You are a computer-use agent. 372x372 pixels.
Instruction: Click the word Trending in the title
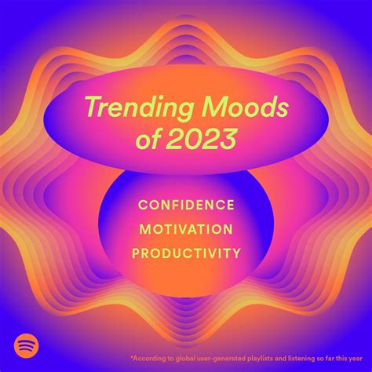(140, 108)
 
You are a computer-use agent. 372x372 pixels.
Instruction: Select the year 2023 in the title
(199, 138)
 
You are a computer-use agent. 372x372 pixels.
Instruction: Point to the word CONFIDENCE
(186, 205)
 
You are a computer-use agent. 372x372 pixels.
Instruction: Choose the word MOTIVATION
(186, 229)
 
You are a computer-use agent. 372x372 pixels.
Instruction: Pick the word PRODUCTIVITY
(186, 253)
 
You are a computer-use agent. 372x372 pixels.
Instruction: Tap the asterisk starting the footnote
(132, 356)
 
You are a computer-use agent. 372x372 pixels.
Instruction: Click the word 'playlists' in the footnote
(257, 359)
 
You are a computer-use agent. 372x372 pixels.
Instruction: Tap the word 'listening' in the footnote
(299, 359)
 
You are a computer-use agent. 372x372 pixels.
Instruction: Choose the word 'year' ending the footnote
(355, 359)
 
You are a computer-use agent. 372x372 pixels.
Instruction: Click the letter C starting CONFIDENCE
(143, 205)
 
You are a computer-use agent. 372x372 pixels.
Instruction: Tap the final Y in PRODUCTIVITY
(235, 253)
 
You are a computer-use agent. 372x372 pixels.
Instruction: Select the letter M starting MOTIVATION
(145, 229)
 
